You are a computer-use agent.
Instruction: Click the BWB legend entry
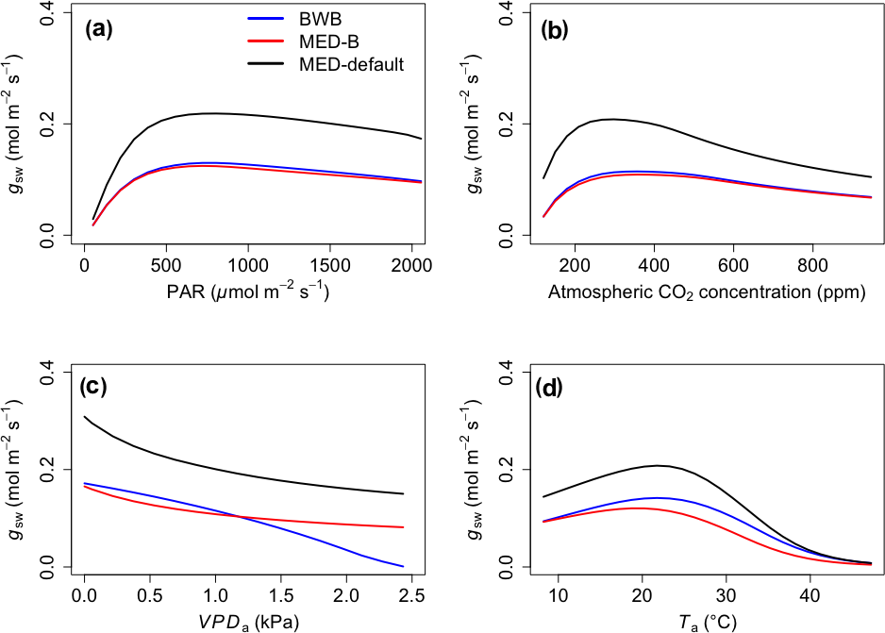[321, 20]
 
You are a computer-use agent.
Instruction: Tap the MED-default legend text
[351, 65]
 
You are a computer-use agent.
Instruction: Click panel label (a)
[98, 29]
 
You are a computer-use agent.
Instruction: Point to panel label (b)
[554, 29]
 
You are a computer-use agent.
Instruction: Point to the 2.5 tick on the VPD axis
[411, 597]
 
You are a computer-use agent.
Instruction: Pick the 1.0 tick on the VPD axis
[215, 597]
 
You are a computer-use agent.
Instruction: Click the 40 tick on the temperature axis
[810, 597]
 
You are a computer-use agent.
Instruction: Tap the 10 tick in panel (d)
[558, 597]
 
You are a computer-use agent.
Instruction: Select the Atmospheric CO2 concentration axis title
[707, 293]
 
